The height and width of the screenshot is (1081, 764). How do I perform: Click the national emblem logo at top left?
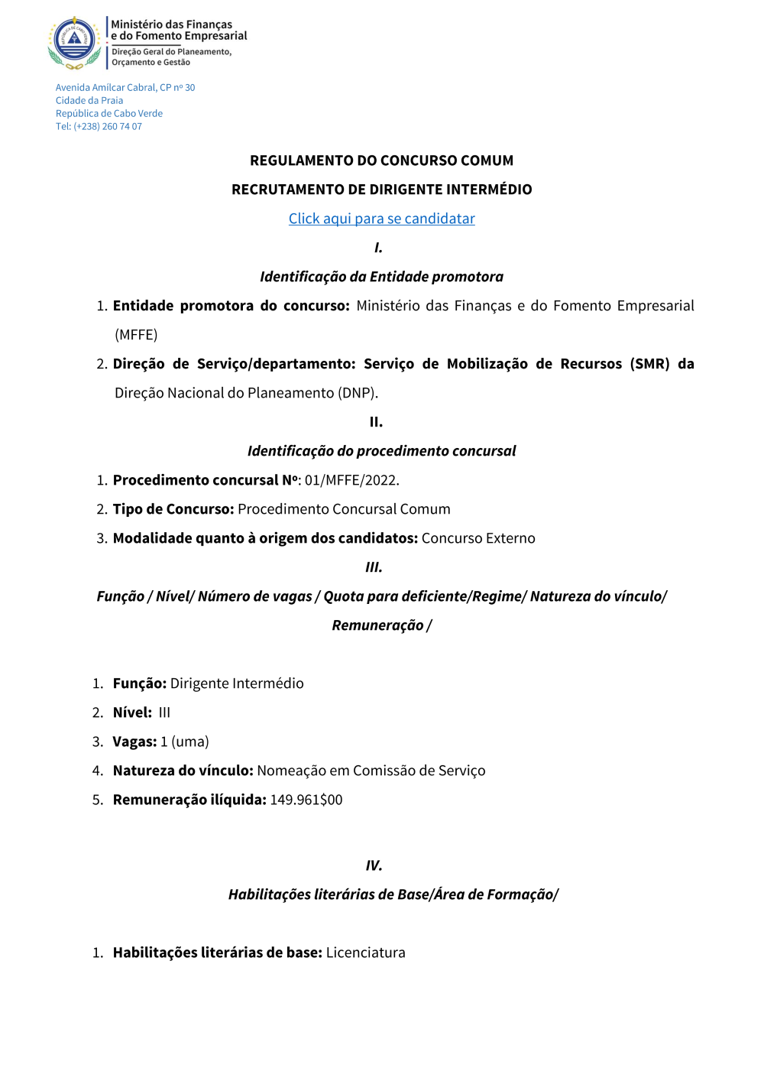pyautogui.click(x=74, y=41)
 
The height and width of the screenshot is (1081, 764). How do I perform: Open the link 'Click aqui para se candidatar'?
pyautogui.click(x=381, y=219)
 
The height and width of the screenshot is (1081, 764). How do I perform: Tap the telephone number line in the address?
pyautogui.click(x=99, y=127)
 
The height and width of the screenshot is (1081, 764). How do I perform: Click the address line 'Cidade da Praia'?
pyautogui.click(x=89, y=101)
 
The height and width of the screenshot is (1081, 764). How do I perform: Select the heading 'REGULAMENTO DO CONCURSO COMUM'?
pyautogui.click(x=381, y=161)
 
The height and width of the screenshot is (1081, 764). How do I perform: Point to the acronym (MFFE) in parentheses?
pyautogui.click(x=136, y=335)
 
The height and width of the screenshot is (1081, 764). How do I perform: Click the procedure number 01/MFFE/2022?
pyautogui.click(x=351, y=480)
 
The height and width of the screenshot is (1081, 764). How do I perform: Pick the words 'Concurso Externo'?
pyautogui.click(x=478, y=538)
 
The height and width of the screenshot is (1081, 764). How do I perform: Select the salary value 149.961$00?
pyautogui.click(x=306, y=800)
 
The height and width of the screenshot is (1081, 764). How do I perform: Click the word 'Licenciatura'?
pyautogui.click(x=365, y=953)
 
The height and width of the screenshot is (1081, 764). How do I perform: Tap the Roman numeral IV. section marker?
pyautogui.click(x=374, y=865)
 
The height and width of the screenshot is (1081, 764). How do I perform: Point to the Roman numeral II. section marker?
pyautogui.click(x=376, y=422)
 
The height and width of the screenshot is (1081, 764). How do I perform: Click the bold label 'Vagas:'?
pyautogui.click(x=134, y=742)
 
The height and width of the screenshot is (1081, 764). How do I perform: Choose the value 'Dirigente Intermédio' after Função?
pyautogui.click(x=237, y=683)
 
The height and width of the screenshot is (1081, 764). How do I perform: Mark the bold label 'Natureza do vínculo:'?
pyautogui.click(x=183, y=771)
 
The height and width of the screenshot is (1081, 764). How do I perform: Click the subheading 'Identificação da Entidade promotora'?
pyautogui.click(x=381, y=277)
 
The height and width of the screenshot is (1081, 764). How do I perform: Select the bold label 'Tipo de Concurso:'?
pyautogui.click(x=173, y=509)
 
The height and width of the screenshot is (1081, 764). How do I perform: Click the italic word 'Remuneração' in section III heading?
pyautogui.click(x=377, y=625)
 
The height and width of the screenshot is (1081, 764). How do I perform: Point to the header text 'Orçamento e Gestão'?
pyautogui.click(x=151, y=63)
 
